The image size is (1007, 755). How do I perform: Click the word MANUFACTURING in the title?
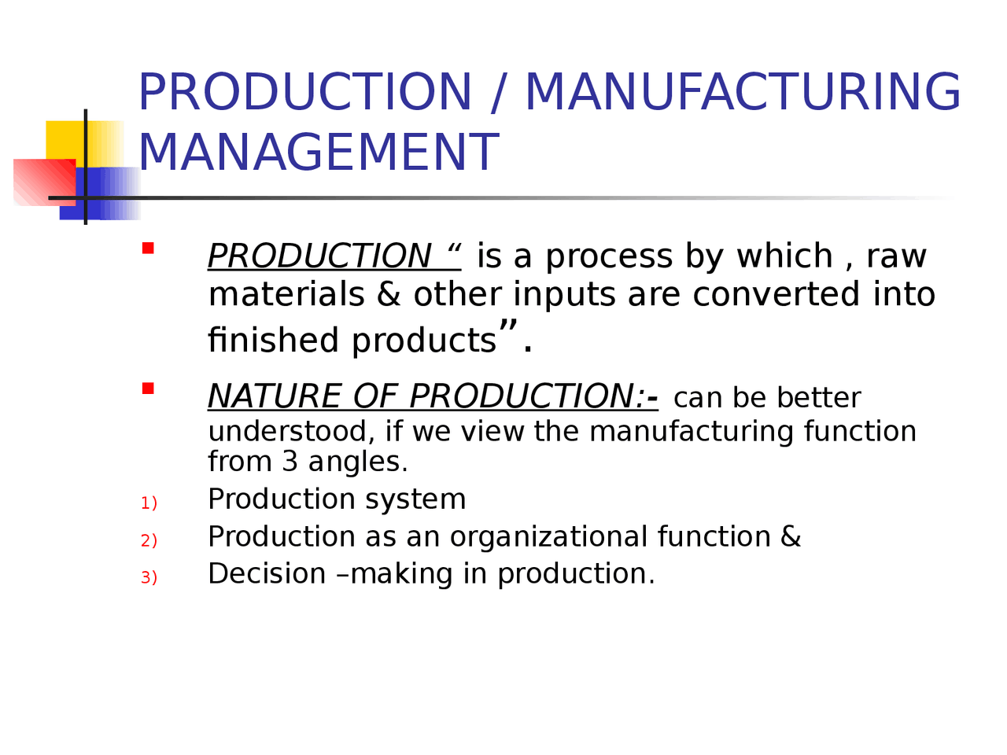[742, 93]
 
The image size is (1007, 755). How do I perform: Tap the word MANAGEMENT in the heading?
[319, 153]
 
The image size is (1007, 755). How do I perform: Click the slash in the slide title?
[497, 93]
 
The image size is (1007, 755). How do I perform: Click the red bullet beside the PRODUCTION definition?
[148, 249]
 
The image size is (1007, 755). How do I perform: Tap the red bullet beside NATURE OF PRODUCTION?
[148, 389]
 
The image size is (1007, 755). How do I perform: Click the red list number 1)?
[149, 503]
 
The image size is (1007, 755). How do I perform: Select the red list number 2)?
[149, 541]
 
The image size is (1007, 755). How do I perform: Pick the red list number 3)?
[149, 578]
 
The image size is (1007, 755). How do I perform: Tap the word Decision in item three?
[267, 574]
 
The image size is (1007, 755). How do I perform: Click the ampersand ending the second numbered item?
[791, 537]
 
